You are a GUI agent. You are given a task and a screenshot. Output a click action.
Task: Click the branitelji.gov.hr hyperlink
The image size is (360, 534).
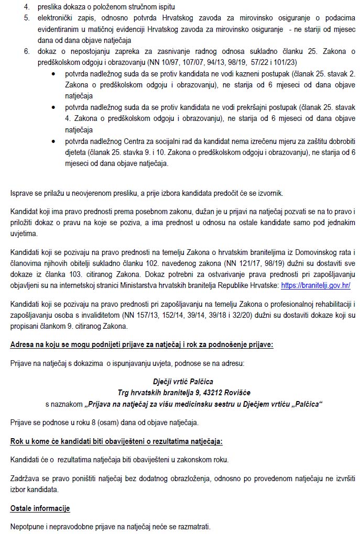click(x=315, y=285)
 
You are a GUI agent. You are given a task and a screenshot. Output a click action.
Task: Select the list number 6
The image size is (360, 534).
click(x=27, y=52)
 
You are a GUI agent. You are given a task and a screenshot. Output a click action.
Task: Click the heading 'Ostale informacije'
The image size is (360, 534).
click(x=40, y=508)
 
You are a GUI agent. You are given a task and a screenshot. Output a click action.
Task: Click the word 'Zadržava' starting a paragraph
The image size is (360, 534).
click(x=24, y=479)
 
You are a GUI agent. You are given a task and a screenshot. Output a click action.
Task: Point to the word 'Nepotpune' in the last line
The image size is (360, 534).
click(x=27, y=526)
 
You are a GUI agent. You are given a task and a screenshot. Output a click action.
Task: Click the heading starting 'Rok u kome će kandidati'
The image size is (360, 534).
click(x=116, y=441)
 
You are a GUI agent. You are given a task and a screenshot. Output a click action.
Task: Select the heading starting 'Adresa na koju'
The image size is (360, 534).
click(x=141, y=344)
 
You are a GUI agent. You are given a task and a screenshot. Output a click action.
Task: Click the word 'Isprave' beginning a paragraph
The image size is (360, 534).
click(x=23, y=193)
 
